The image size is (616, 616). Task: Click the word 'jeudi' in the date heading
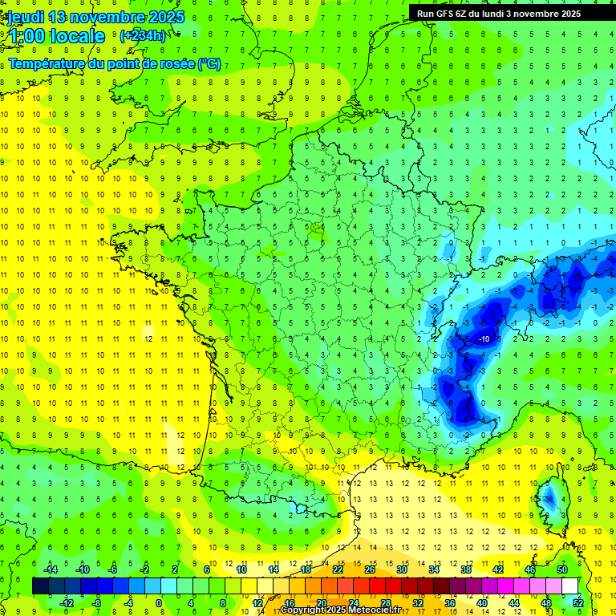(x=25, y=17)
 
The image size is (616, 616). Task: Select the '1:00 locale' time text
(x=57, y=36)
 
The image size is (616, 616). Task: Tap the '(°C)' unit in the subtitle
(x=209, y=64)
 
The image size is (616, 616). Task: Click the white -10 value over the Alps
(x=484, y=339)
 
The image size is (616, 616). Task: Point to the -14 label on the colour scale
(x=51, y=569)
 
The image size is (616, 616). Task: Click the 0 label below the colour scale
(x=159, y=603)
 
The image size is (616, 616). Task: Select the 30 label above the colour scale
(x=401, y=569)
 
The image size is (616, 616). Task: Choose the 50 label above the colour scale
(x=562, y=569)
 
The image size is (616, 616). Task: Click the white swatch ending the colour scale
(x=570, y=586)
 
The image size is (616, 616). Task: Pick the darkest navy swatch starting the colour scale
(x=40, y=586)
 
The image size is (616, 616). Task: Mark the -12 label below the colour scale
(x=67, y=603)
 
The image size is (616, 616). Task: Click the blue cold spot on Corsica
(x=551, y=500)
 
